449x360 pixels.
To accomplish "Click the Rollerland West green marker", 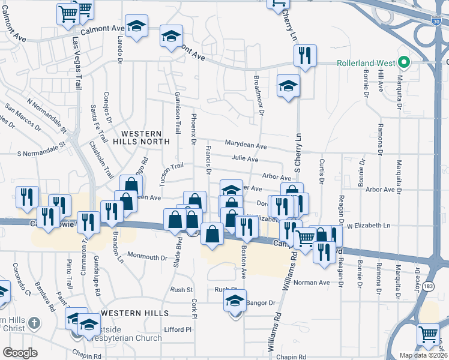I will (x=405, y=62).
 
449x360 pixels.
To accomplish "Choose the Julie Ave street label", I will (x=244, y=159).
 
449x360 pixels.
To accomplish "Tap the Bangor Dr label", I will (x=260, y=303).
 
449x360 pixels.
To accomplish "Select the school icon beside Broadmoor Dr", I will (x=288, y=85).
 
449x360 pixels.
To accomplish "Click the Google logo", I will (x=20, y=353).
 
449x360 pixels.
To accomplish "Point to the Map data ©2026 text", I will (x=423, y=355).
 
